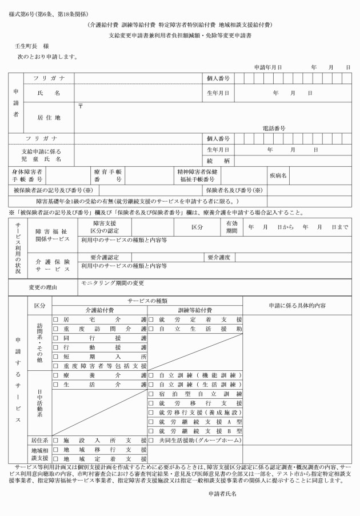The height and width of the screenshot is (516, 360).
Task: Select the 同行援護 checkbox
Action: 56,339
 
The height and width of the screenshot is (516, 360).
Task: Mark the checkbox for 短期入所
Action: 56,357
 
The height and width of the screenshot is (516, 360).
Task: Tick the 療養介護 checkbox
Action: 56,375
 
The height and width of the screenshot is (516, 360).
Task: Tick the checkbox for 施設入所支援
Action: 56,441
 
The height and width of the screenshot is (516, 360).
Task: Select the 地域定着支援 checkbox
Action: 56,459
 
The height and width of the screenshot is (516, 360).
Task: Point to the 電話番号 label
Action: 274,129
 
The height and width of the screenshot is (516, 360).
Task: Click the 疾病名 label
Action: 278,175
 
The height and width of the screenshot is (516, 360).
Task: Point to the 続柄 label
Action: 214,161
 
